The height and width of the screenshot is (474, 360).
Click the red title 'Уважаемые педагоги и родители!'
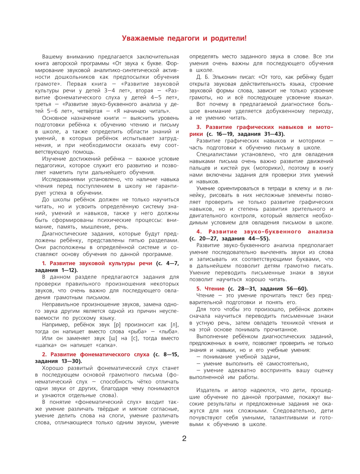point(184,38)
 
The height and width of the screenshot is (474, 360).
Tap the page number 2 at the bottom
point(184,439)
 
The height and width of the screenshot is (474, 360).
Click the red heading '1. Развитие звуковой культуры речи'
point(97,263)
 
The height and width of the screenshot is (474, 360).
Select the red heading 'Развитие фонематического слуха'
point(100,355)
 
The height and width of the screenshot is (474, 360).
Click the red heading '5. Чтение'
point(210,289)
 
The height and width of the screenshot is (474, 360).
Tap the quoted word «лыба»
point(168,331)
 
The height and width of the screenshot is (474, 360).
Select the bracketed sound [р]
point(118,325)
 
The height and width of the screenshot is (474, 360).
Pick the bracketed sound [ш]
point(113,338)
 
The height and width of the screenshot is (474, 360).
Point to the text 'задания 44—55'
point(245,238)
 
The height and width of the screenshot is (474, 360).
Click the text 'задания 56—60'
point(283,289)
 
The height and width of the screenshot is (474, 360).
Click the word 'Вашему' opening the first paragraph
point(52,57)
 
